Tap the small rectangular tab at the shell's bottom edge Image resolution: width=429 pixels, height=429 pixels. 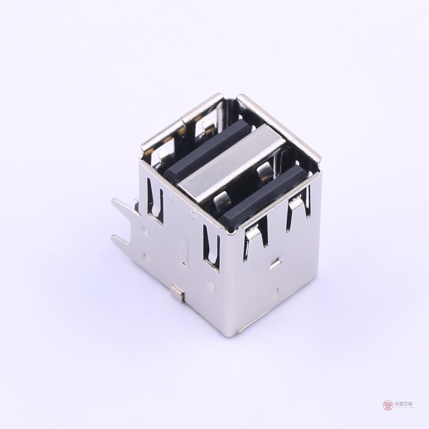coord(177,293)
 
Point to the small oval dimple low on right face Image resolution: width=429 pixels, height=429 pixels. coord(276,293)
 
